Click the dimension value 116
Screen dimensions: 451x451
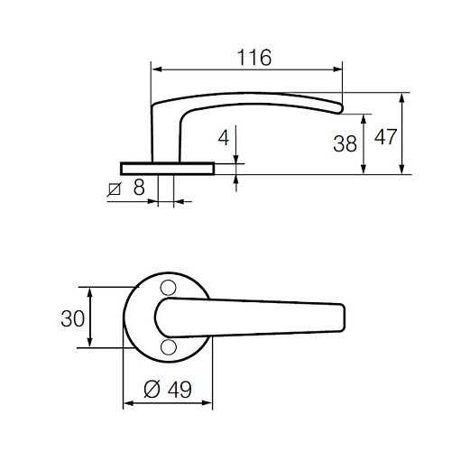pyautogui.click(x=254, y=58)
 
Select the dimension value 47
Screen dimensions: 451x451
pyautogui.click(x=386, y=137)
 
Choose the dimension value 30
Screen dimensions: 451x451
pyautogui.click(x=73, y=318)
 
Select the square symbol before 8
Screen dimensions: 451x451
pyautogui.click(x=114, y=189)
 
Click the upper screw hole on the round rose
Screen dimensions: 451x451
pyautogui.click(x=167, y=287)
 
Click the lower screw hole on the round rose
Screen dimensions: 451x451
pyautogui.click(x=167, y=347)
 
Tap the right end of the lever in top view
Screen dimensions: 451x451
pyautogui.click(x=343, y=317)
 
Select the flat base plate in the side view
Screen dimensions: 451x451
pyautogui.click(x=167, y=167)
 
